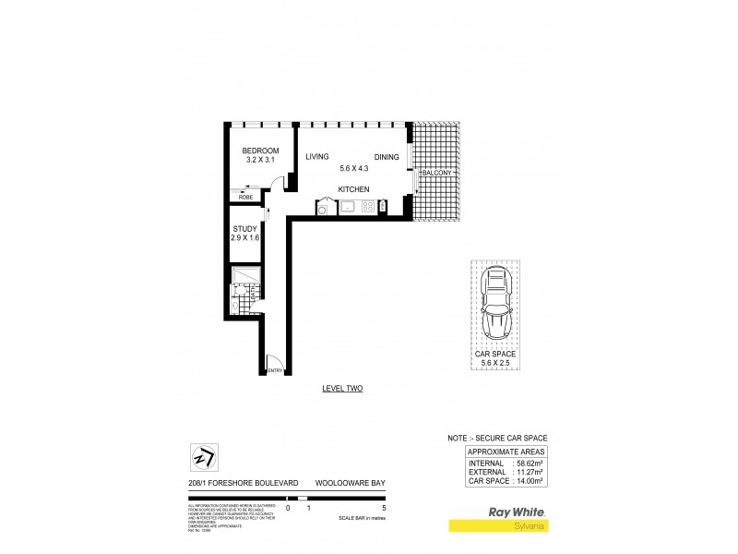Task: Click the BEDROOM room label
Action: tap(260, 151)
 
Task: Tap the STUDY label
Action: tap(244, 228)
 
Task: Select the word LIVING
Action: tap(318, 157)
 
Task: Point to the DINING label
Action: tap(387, 157)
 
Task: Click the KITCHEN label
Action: tap(353, 189)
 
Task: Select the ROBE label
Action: tap(245, 198)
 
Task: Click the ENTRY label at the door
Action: tap(274, 371)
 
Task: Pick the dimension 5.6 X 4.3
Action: tap(354, 168)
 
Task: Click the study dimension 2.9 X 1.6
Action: tap(245, 238)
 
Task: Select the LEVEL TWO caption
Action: tap(342, 389)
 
